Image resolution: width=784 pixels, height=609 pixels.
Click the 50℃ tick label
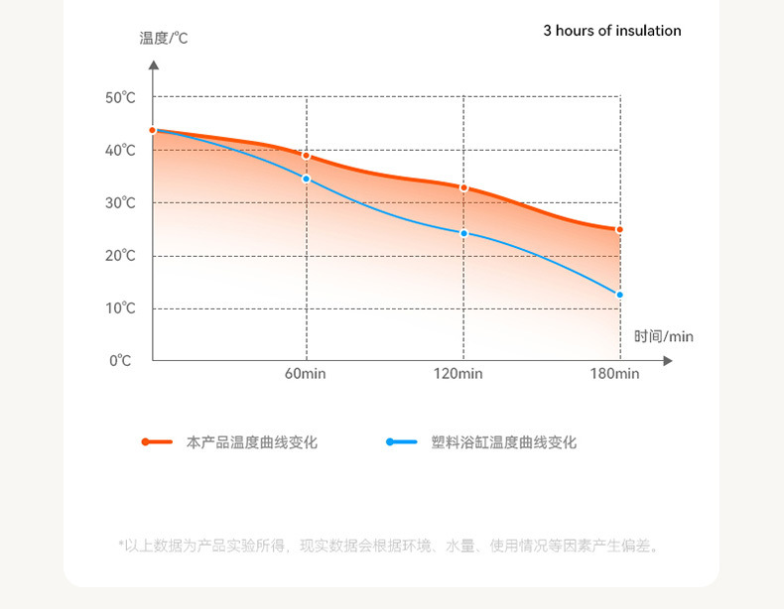[x=120, y=97]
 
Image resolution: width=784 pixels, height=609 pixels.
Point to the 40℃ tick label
[x=120, y=151]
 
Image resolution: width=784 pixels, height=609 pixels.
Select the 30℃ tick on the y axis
[x=120, y=203]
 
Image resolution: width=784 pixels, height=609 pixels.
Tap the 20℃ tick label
[x=120, y=256]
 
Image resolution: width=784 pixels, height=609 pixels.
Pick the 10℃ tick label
[x=120, y=308]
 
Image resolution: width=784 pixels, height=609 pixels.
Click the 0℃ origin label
[x=120, y=361]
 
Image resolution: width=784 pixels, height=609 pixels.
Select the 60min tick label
[x=306, y=374]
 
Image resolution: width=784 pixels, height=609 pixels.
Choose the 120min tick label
[x=458, y=374]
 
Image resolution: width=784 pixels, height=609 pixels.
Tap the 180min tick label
[x=614, y=374]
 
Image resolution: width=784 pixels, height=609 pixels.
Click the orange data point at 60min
[x=307, y=156]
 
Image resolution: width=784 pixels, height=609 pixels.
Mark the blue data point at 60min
[x=307, y=179]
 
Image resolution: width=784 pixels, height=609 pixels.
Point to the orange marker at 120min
[x=463, y=187]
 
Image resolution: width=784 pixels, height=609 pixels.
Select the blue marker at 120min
[x=463, y=233]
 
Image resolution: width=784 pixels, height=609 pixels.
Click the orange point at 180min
[x=620, y=229]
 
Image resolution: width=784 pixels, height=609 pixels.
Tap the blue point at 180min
[x=620, y=295]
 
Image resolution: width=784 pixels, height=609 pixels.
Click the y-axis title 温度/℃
[x=164, y=39]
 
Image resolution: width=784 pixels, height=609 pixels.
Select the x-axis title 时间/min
[x=664, y=337]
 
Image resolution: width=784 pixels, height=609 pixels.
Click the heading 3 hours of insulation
[x=612, y=31]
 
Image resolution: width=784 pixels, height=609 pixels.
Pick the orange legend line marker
[x=158, y=441]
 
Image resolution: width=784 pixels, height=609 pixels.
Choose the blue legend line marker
[x=402, y=441]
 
